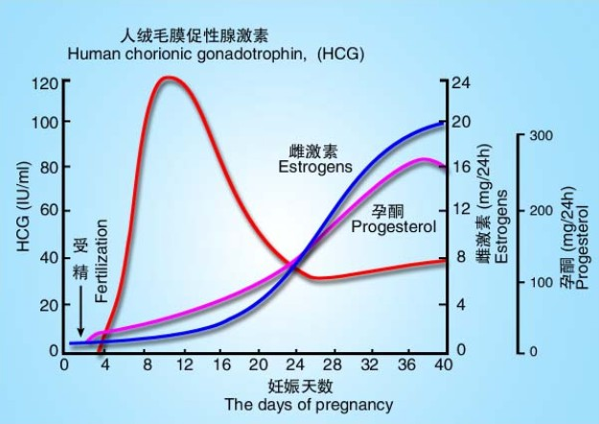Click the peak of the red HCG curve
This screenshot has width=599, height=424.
tap(169, 78)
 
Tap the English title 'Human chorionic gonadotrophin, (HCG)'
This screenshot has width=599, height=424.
tap(216, 54)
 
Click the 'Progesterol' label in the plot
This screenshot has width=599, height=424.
tap(393, 227)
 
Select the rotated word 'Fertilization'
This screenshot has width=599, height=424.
tap(103, 248)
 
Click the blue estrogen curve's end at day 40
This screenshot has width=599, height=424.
tap(443, 123)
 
